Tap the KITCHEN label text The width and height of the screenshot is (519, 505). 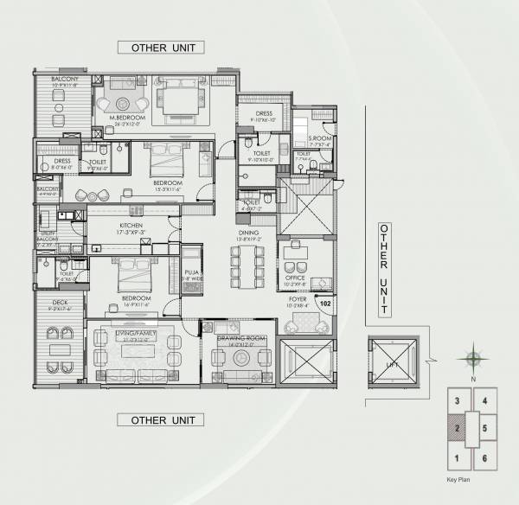tap(131, 225)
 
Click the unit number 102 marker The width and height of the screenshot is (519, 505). tap(326, 304)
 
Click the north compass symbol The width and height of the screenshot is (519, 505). tap(472, 358)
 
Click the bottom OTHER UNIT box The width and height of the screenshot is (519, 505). tap(161, 420)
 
